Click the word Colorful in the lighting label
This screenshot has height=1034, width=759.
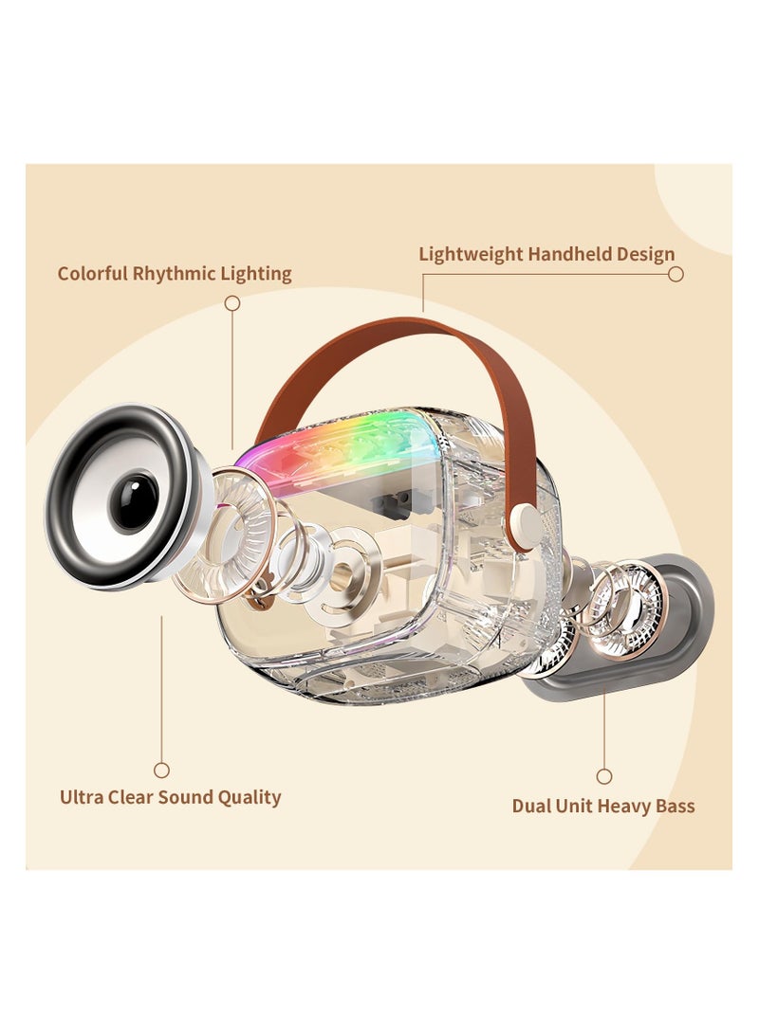(91, 274)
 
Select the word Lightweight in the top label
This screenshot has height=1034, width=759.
(471, 254)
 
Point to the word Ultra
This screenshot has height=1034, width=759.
(81, 797)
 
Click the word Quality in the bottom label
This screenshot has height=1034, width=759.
(251, 797)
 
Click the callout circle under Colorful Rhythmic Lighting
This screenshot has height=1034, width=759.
(231, 303)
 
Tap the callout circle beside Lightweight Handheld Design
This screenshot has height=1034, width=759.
(676, 274)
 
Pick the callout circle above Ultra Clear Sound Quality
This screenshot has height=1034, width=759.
(161, 771)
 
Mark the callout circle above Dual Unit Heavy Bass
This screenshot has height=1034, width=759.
(604, 776)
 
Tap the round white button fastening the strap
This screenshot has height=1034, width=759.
(522, 518)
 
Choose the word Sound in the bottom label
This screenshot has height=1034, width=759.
(189, 797)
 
